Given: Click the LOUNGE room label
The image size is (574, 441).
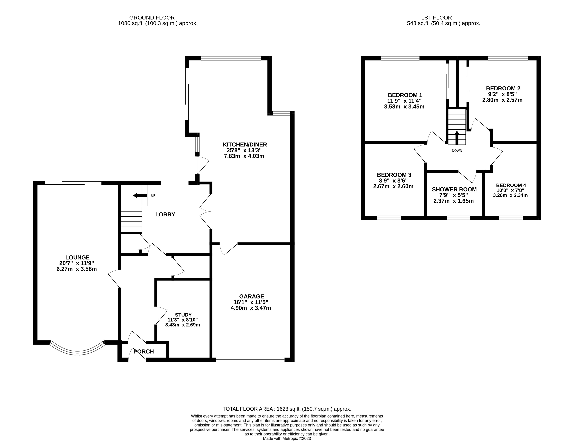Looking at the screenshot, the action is point(77,258).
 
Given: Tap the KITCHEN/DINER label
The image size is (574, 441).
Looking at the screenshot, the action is point(245,144).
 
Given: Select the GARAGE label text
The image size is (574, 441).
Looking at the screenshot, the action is point(251,296).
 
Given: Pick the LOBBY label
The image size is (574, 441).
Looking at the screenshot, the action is point(165,214).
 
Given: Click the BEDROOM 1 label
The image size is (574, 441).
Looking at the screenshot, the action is point(405,95).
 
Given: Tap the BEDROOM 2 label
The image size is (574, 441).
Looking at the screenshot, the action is point(503,88).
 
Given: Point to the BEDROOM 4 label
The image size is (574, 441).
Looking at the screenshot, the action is point(511,185).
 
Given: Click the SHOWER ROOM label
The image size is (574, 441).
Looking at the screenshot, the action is point(454,189).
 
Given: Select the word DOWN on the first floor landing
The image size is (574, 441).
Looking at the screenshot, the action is point(457,151).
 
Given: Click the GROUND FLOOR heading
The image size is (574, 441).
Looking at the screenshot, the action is point(152,18).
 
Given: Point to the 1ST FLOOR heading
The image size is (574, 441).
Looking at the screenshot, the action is point(437,18).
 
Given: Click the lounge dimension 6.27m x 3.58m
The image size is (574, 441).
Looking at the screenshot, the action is point(77,269).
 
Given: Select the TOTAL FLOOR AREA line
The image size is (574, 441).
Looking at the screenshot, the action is point(287,409).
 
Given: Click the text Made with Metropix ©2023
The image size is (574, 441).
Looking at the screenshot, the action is point(287,438).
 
